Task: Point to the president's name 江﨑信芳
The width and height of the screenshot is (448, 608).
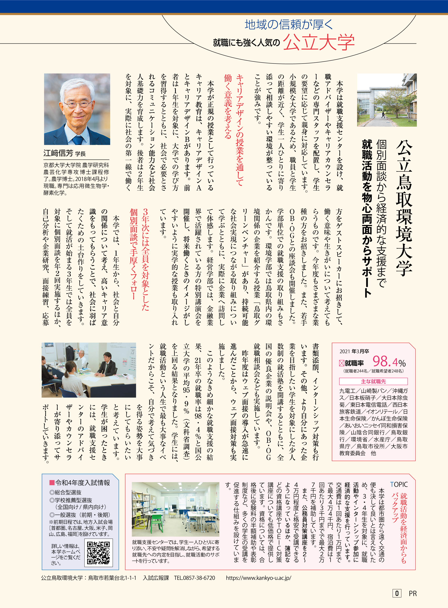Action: click(x=58, y=153)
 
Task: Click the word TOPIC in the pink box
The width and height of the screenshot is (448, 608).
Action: click(x=399, y=484)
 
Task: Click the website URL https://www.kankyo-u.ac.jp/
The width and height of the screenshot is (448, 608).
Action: click(x=258, y=578)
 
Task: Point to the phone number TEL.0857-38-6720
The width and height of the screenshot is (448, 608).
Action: click(x=194, y=578)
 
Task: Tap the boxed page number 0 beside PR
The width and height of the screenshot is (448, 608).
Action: click(x=396, y=593)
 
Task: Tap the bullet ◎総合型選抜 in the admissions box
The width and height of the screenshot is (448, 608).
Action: click(x=65, y=492)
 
